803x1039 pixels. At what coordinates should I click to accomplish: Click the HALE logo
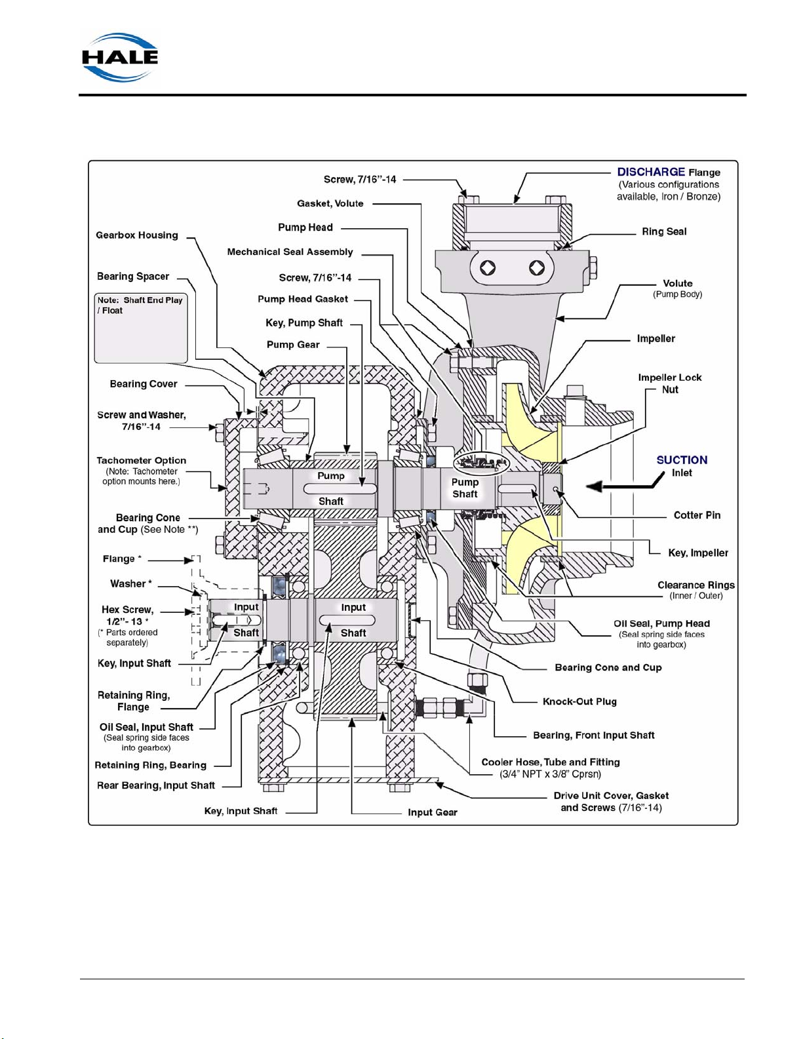120,58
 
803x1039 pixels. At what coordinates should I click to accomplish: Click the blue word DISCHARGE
651,172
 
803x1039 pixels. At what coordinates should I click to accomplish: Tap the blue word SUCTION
682,460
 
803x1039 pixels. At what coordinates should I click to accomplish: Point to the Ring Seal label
664,231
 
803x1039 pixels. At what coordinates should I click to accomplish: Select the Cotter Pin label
697,515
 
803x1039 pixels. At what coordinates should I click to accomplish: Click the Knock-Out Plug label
579,701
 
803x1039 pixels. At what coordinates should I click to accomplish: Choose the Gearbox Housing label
137,235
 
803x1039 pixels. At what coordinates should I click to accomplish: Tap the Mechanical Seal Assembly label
290,252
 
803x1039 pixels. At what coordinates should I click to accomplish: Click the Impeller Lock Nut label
670,383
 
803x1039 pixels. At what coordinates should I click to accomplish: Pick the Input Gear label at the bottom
432,812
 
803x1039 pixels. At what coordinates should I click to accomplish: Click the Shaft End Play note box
141,328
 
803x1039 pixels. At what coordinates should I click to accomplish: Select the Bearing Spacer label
133,277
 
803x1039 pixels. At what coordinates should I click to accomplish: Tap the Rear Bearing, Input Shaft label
156,785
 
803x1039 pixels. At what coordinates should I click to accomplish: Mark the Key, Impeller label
698,553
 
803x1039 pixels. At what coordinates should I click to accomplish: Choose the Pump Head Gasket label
303,300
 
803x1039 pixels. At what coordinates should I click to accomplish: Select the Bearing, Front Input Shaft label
594,735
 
